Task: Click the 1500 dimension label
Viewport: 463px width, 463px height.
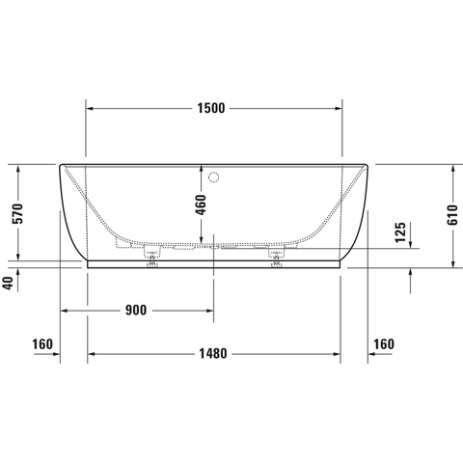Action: [211, 108]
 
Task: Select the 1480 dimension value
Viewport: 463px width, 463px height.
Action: [213, 354]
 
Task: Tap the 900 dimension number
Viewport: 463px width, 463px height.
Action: [136, 311]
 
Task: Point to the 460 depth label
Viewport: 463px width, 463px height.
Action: [201, 204]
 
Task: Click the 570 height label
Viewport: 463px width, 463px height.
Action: [17, 214]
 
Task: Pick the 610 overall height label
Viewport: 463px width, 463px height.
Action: [452, 214]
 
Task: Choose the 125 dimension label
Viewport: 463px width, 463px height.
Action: [400, 232]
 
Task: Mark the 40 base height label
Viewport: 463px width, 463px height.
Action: [9, 283]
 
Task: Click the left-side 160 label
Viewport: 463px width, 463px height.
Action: [42, 344]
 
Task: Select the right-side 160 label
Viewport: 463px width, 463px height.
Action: [384, 344]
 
